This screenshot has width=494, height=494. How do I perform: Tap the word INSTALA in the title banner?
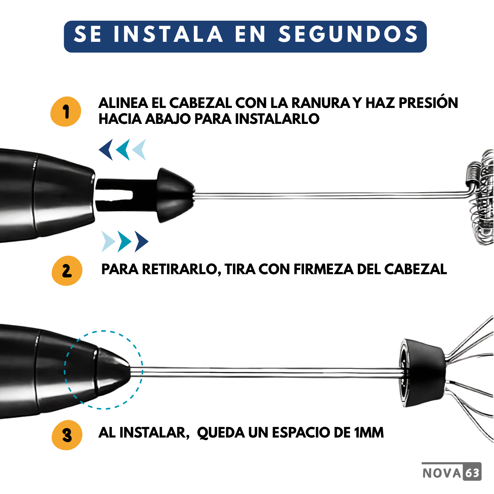click(168, 34)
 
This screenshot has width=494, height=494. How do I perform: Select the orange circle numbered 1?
click(66, 112)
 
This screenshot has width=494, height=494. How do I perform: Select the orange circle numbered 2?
click(67, 271)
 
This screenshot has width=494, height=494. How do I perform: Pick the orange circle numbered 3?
click(67, 435)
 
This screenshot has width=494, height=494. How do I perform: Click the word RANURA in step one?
click(321, 103)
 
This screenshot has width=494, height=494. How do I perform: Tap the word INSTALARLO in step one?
click(277, 119)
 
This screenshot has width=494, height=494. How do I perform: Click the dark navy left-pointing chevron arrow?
click(106, 150)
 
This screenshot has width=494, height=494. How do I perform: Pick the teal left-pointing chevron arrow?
click(123, 150)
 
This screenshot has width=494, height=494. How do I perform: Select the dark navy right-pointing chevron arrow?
click(142, 242)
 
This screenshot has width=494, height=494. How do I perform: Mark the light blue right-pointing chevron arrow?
click(108, 242)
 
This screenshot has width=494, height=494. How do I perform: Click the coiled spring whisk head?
click(480, 197)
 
